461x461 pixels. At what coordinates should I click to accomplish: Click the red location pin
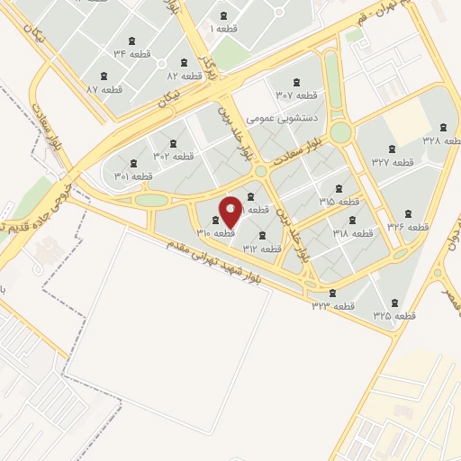tap(230, 212)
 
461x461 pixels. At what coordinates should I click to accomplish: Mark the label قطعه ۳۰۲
tap(173, 156)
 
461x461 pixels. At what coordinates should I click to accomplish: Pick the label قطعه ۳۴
tap(131, 55)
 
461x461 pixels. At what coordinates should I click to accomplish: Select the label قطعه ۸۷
tap(104, 89)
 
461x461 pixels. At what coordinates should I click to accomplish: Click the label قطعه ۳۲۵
tap(394, 316)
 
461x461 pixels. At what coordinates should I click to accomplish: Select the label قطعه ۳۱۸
tap(352, 233)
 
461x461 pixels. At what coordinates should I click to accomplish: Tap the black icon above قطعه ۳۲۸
tap(443, 127)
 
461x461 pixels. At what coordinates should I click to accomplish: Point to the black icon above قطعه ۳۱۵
tap(339, 189)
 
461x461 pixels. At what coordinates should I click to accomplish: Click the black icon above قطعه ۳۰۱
tap(134, 163)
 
